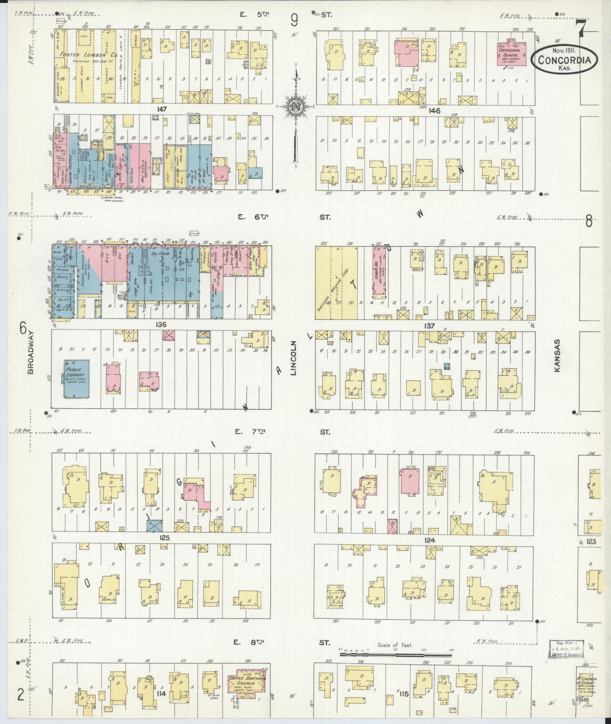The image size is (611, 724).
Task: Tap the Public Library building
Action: (x=77, y=378)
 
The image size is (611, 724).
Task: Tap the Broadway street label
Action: (x=31, y=353)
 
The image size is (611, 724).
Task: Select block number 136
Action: (x=161, y=325)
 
